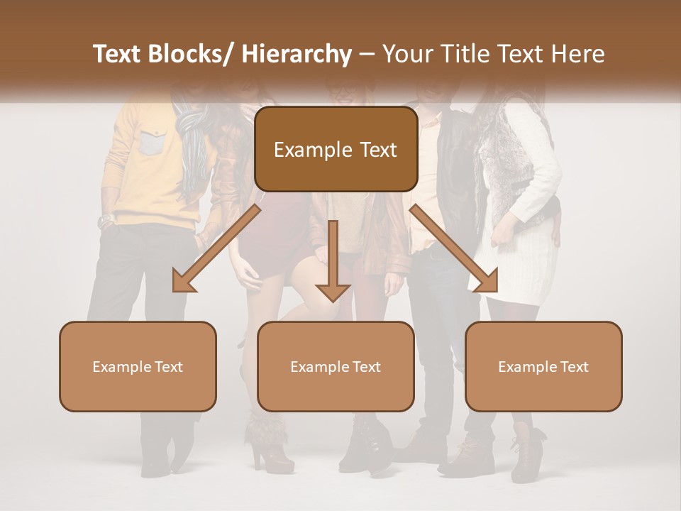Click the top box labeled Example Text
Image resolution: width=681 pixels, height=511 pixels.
click(x=336, y=149)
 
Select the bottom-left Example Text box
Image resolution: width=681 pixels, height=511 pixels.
click(x=138, y=366)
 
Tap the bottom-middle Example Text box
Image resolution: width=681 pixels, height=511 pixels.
click(x=336, y=366)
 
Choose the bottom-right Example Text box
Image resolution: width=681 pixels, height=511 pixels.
click(x=543, y=366)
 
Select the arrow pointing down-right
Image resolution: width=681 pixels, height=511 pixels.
click(x=455, y=249)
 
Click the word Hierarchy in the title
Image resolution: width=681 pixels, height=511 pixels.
click(x=296, y=54)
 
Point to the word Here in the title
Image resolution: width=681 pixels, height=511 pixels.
click(x=578, y=54)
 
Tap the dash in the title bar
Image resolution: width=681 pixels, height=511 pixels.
click(x=367, y=54)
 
